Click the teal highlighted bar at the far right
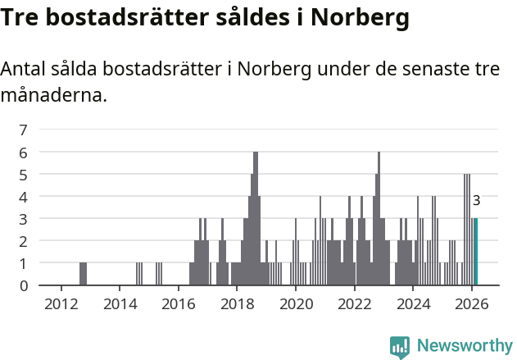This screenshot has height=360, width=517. pyautogui.click(x=475, y=252)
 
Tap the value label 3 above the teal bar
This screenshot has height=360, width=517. pyautogui.click(x=476, y=200)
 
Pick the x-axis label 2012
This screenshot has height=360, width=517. pyautogui.click(x=61, y=303)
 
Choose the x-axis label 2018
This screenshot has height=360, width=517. pyautogui.click(x=237, y=303)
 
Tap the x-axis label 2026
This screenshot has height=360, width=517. pyautogui.click(x=471, y=303)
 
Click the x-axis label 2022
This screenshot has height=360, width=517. pyautogui.click(x=354, y=303)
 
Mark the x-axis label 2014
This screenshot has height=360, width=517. pyautogui.click(x=120, y=303)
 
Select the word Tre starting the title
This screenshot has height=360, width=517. pyautogui.click(x=21, y=17)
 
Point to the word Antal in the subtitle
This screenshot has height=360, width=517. pyautogui.click(x=25, y=70)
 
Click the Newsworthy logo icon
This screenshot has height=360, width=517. pyautogui.click(x=399, y=347)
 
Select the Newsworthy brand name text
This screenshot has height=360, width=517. pyautogui.click(x=464, y=347)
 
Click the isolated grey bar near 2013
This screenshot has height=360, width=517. pyautogui.click(x=83, y=274)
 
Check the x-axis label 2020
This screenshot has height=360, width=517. pyautogui.click(x=295, y=303)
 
